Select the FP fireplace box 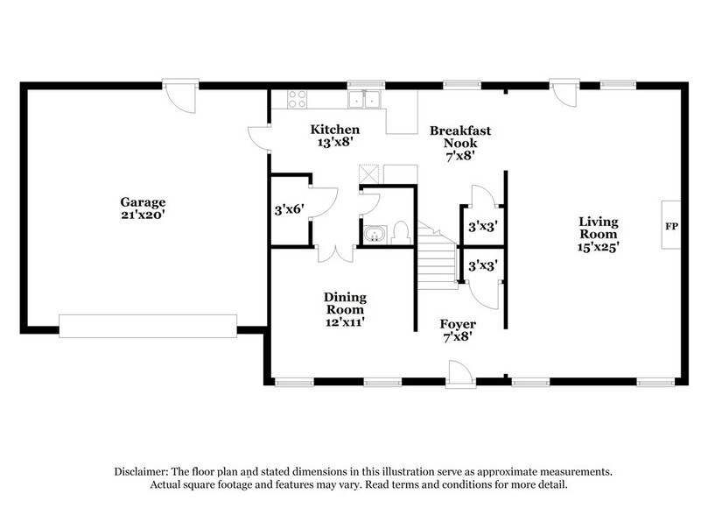(x=670, y=225)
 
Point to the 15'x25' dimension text (x=598, y=248)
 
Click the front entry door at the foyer (x=458, y=375)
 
